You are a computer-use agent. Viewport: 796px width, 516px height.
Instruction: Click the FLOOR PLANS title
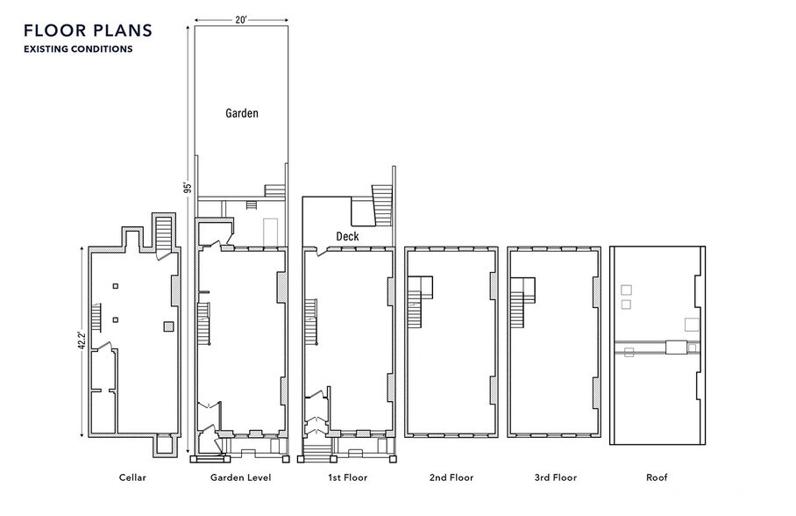tap(88, 31)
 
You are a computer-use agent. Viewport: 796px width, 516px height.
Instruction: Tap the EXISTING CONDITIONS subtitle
tap(78, 50)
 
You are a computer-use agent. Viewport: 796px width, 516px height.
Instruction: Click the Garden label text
tap(241, 113)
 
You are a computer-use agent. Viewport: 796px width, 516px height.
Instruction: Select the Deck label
tap(347, 236)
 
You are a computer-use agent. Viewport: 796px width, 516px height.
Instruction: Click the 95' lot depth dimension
tap(187, 187)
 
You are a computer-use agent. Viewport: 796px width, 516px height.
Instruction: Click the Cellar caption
tap(132, 477)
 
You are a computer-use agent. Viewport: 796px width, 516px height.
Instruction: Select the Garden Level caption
tap(240, 477)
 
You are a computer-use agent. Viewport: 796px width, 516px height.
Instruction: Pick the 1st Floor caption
tap(347, 477)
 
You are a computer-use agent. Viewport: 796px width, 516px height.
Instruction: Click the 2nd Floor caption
tap(451, 477)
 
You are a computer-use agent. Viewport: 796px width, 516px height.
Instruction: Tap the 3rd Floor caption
tap(555, 477)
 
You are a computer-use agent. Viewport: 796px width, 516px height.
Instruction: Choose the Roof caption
tap(656, 477)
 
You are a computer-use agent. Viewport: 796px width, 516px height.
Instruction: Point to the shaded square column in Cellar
tap(168, 326)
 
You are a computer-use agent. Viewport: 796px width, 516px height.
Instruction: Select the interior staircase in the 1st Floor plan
tap(309, 320)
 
